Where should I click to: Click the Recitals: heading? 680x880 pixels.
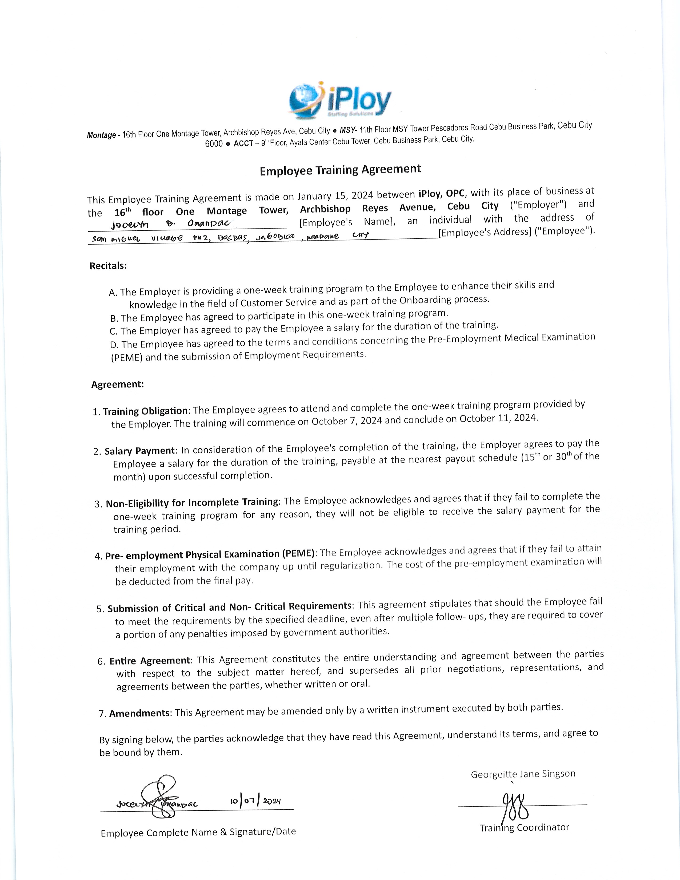pyautogui.click(x=108, y=266)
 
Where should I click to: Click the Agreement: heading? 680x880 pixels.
pyautogui.click(x=117, y=384)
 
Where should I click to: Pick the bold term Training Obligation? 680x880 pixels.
pyautogui.click(x=145, y=411)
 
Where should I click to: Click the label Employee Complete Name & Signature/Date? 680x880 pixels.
pyautogui.click(x=198, y=832)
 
